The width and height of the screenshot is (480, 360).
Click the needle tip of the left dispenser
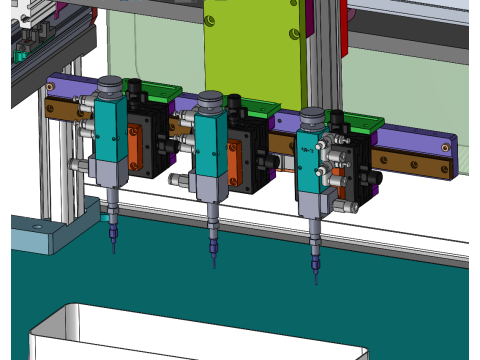pos(113,250)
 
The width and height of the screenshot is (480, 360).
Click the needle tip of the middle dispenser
pos(214,267)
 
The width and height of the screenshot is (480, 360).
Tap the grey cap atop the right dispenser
pos(312,118)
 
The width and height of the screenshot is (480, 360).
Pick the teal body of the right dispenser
pos(311,160)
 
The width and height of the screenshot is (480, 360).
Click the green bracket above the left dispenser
pos(160,92)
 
